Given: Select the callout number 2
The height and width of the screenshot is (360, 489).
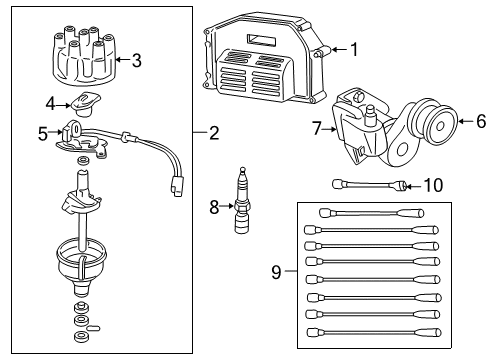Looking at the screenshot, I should pos(213,133).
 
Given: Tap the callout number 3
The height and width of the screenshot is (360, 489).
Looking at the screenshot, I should pos(137,60).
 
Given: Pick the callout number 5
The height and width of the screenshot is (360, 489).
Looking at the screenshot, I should pos(43,132).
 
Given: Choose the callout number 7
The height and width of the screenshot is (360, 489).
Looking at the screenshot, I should pos(316,128).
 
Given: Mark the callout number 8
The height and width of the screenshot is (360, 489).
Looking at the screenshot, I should pos(213,207).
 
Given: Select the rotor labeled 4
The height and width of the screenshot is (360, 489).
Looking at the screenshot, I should pos(82,101).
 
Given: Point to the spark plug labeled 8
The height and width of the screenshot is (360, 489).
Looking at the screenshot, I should pos(240,207).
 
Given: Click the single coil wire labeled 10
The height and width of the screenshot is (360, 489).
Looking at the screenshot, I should pos(370,184).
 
